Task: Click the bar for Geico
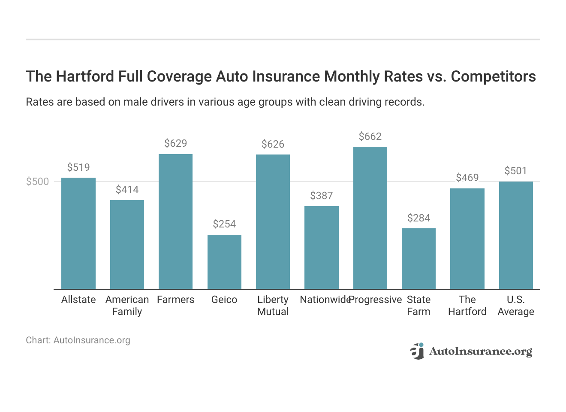[x=224, y=262]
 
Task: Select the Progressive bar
[x=370, y=218]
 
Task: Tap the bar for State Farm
[x=418, y=259]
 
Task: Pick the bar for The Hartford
[x=467, y=239]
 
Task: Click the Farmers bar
[x=175, y=221]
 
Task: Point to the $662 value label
[x=370, y=136]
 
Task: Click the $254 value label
[x=224, y=224]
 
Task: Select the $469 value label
[x=467, y=178]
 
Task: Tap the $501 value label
[x=515, y=171]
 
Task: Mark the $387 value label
[x=321, y=196]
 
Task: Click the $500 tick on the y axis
[x=38, y=182]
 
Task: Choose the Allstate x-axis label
[x=78, y=300]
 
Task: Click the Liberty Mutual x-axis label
[x=273, y=306]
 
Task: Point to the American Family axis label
[x=127, y=306]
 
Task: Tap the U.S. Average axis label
[x=515, y=306]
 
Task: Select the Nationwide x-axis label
[x=325, y=300]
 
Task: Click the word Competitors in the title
[x=493, y=76]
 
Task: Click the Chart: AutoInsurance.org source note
[x=78, y=340]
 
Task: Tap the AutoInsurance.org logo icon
[x=417, y=351]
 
